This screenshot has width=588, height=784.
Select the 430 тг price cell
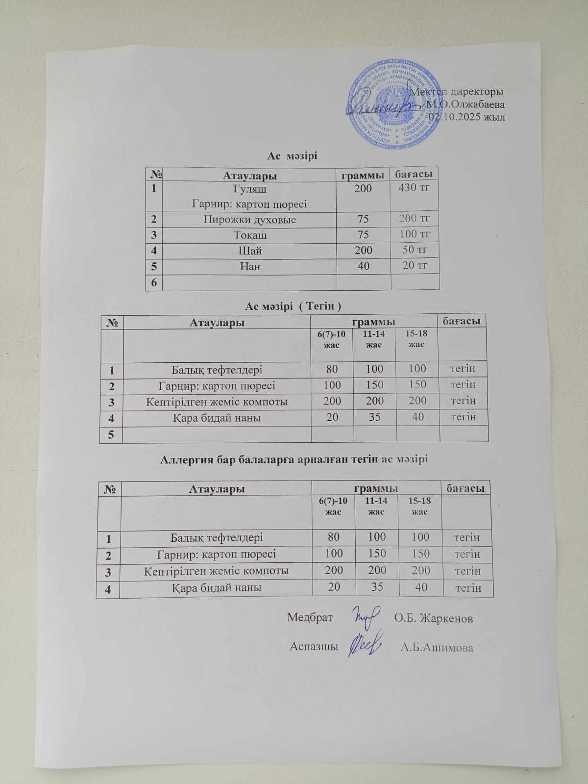pyautogui.click(x=415, y=187)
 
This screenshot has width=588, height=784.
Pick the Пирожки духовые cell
pyautogui.click(x=249, y=220)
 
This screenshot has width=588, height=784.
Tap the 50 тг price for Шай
pyautogui.click(x=415, y=250)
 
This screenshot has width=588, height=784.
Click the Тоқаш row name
pyautogui.click(x=250, y=235)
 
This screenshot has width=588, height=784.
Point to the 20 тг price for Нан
pyautogui.click(x=415, y=265)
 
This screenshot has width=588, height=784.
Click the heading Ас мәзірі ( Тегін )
pyautogui.click(x=293, y=306)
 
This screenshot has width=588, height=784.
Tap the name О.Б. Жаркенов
pyautogui.click(x=434, y=618)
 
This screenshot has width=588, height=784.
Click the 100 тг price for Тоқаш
pyautogui.click(x=415, y=234)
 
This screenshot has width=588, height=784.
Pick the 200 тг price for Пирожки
pyautogui.click(x=415, y=218)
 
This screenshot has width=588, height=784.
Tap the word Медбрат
pyautogui.click(x=310, y=617)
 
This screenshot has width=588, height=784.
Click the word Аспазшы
pyautogui.click(x=314, y=646)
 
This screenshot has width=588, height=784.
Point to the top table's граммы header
pyautogui.click(x=363, y=175)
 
